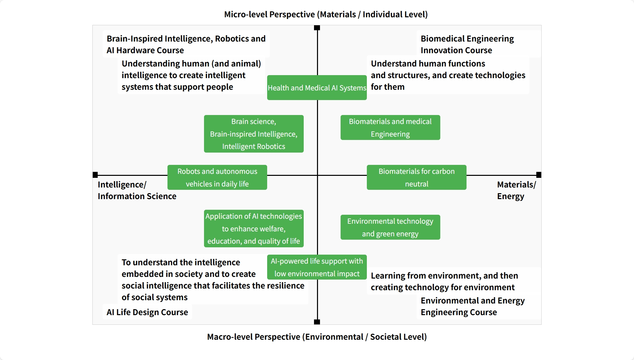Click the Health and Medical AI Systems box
[317, 88]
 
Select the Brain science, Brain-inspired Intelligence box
[254, 134]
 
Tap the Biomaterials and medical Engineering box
[390, 128]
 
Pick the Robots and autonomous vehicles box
[217, 178]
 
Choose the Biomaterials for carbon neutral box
[416, 178]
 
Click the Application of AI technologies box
[254, 229]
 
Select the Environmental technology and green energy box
[390, 227]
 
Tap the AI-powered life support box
[317, 267]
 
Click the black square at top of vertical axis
[317, 28]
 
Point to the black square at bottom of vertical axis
[317, 322]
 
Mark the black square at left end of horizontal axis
[95, 175]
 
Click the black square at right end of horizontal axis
[539, 175]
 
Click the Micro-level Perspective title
[326, 14]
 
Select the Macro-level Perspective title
[317, 337]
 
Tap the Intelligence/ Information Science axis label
[137, 190]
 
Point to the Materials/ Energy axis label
[516, 190]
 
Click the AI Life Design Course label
[147, 312]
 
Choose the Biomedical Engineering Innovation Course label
[467, 44]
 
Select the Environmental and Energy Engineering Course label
[472, 306]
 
